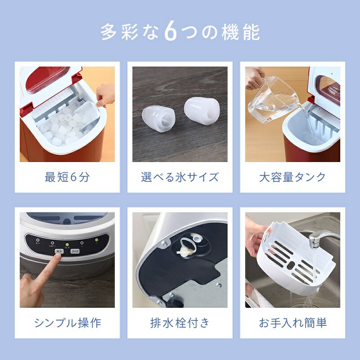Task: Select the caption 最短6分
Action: (67, 177)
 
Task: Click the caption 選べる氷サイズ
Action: (180, 177)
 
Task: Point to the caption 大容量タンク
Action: (292, 177)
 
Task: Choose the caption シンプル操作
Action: (67, 322)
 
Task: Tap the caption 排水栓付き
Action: (180, 322)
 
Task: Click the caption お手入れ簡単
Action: (292, 322)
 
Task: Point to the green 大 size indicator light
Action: (95, 242)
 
